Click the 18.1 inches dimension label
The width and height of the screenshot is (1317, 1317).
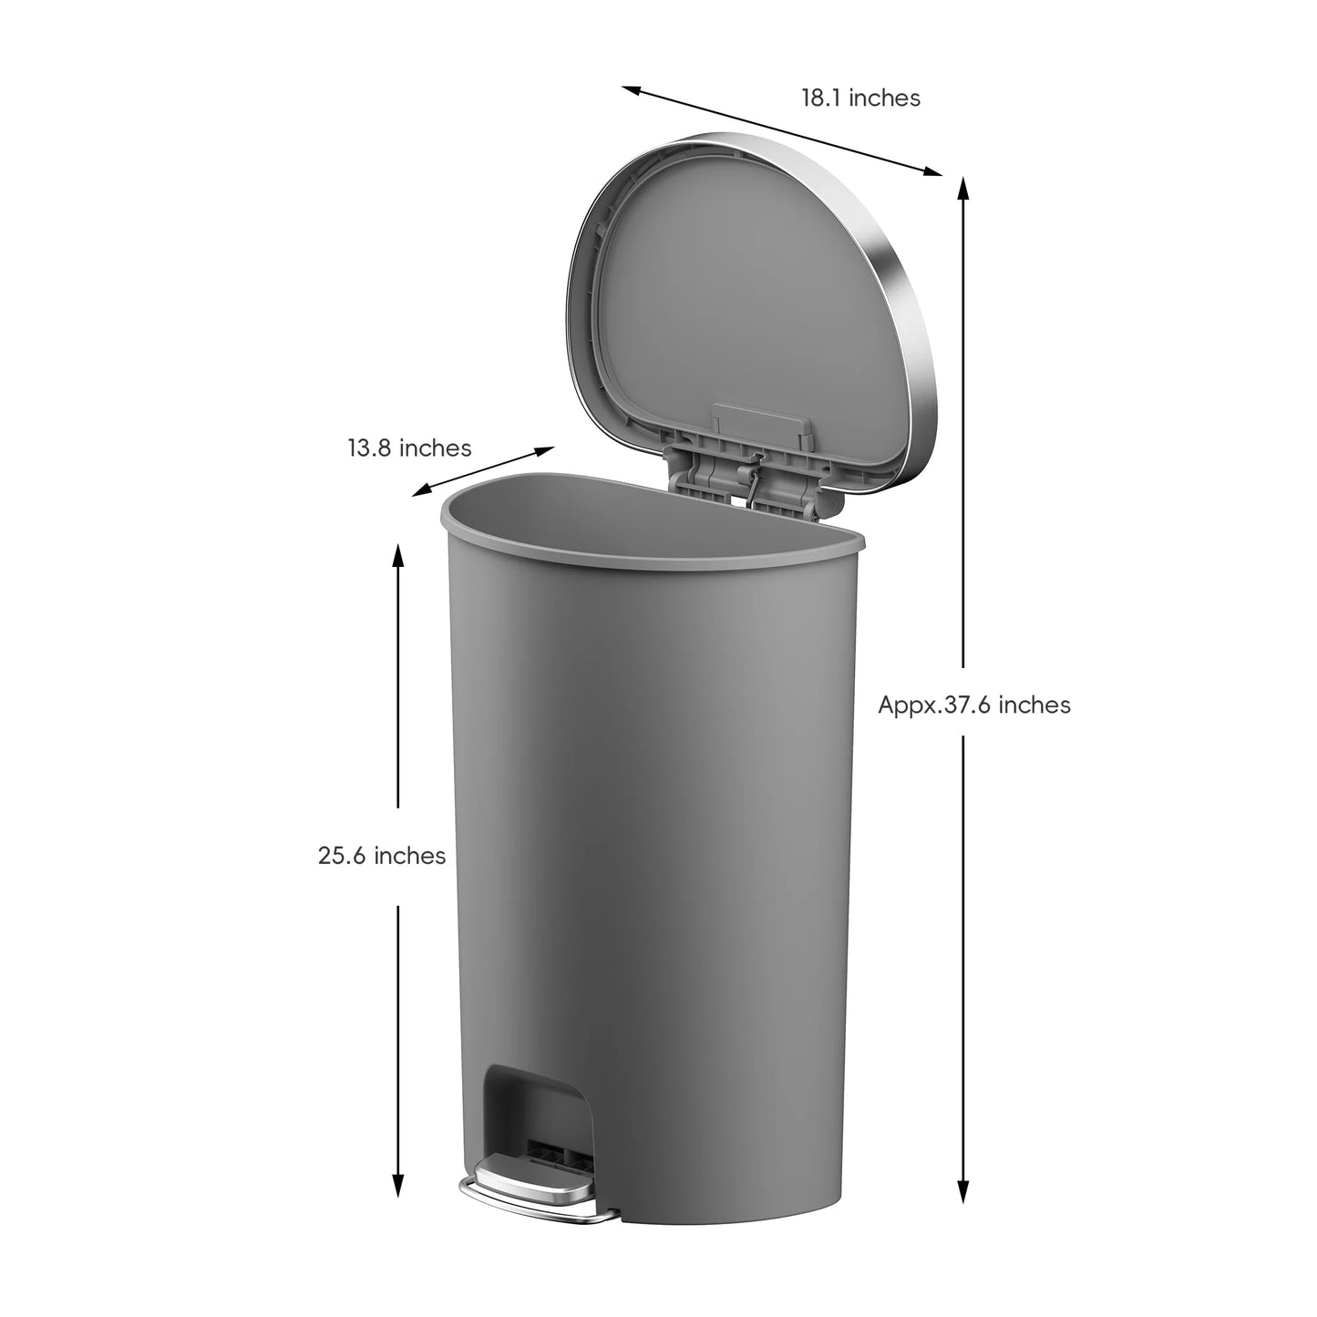(860, 98)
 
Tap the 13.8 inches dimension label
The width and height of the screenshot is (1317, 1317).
(409, 448)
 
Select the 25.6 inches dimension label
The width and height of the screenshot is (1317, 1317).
(382, 856)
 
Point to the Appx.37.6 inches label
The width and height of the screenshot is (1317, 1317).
(974, 705)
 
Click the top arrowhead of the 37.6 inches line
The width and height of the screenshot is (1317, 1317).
(963, 186)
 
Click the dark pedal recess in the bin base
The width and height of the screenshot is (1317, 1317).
(538, 1107)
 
